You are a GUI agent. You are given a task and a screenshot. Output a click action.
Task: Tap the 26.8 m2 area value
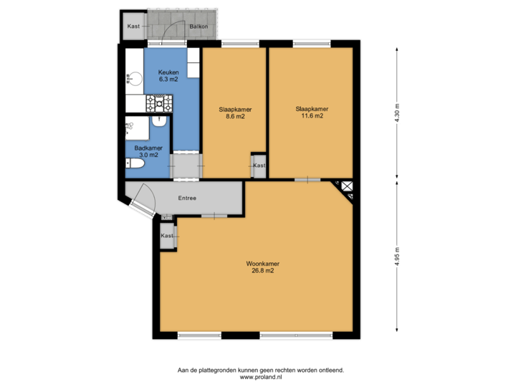(x=259, y=271)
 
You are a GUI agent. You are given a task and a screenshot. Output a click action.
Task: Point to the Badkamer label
(x=148, y=148)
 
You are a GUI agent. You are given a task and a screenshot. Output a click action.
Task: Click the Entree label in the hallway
(x=187, y=198)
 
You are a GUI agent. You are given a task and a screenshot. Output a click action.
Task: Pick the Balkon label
(x=199, y=27)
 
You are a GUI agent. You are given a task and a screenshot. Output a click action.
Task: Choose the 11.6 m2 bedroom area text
(x=309, y=115)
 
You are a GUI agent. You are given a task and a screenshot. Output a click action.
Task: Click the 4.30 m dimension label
(x=396, y=114)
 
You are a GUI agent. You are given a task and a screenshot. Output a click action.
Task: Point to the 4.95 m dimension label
(x=396, y=256)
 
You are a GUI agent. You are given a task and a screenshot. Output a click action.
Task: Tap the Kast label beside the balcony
(x=133, y=27)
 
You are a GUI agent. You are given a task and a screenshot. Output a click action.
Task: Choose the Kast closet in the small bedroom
(x=258, y=166)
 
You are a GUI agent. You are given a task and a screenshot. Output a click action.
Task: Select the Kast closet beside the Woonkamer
(x=166, y=236)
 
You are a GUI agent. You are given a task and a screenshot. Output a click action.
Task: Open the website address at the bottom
(x=261, y=376)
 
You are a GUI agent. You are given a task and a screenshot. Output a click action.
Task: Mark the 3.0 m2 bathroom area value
(x=148, y=155)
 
